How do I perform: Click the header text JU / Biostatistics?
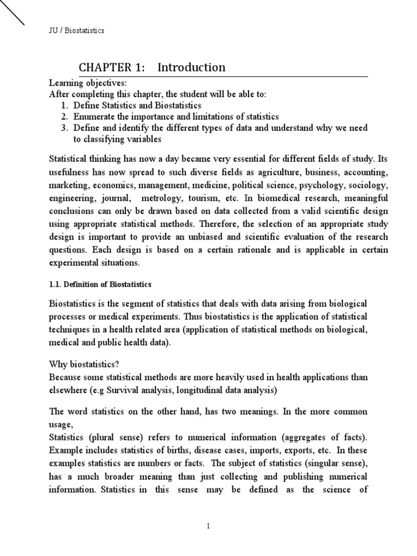77,31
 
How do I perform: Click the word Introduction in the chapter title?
191,67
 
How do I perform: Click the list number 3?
64,128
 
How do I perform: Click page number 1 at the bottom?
208,525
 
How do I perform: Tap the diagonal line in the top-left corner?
12,12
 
